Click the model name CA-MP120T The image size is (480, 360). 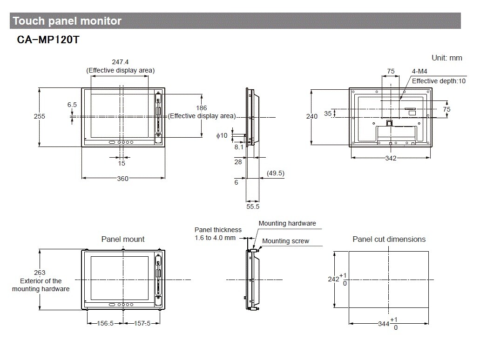pos(48,40)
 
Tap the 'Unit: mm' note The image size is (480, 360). pos(446,58)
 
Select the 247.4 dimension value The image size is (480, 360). pos(120,62)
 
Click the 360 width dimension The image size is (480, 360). pos(122,179)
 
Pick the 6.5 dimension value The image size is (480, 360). pos(72,105)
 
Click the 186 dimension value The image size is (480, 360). pos(202,108)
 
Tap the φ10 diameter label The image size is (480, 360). pos(222,135)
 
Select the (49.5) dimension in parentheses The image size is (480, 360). pos(275,173)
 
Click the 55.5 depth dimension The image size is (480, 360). pos(253,207)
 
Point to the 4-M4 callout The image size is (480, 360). pos(419,72)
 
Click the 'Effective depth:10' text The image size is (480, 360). pos(439,81)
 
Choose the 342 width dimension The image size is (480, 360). pos(391,158)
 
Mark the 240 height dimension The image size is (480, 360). pos(311,116)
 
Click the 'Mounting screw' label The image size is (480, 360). pos(285,241)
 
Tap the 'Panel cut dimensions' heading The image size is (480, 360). pos(389,239)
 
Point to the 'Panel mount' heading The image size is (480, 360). pos(123,239)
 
